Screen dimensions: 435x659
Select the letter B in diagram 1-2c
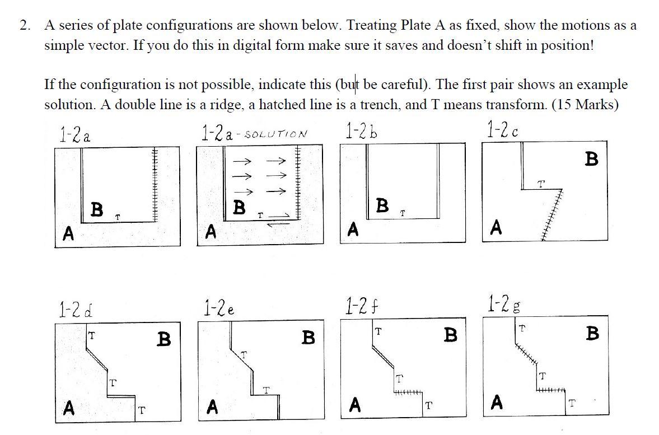[591, 160]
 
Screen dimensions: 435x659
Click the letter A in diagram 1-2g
[497, 401]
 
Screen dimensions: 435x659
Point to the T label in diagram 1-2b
[403, 213]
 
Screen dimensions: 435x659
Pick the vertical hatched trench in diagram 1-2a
[156, 185]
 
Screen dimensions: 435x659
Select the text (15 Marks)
[585, 105]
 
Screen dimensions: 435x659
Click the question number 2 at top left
[24, 25]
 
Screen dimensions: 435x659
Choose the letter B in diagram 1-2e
[307, 338]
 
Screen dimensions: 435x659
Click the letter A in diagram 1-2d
[69, 407]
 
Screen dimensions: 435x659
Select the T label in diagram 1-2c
[540, 183]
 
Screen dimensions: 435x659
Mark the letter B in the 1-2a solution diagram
[239, 207]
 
